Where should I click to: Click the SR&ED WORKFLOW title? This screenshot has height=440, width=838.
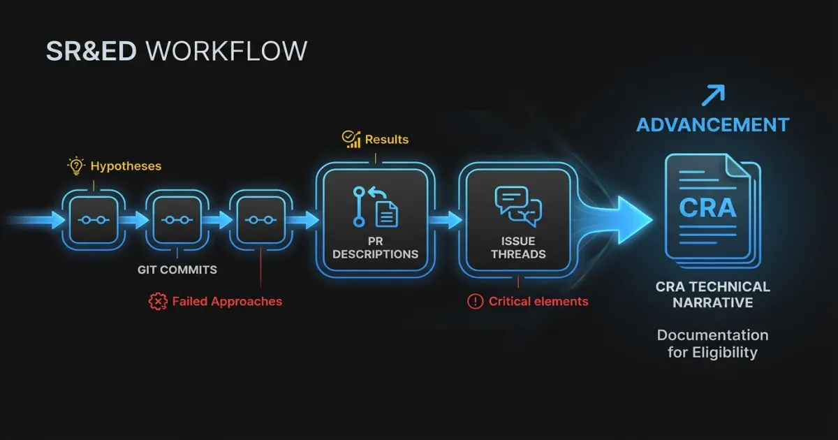click(176, 52)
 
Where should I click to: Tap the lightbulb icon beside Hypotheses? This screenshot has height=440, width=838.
click(75, 166)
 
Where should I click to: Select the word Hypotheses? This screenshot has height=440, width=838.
click(126, 166)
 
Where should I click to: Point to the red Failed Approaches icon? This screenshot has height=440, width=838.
click(158, 302)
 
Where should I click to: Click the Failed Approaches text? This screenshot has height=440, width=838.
click(227, 302)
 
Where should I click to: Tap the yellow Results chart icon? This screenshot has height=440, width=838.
click(351, 140)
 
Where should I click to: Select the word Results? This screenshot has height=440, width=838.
click(386, 140)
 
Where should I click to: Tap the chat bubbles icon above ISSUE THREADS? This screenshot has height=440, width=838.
click(518, 205)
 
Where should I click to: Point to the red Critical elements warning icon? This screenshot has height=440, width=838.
click(475, 302)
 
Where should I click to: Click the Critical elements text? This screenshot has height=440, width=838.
click(538, 302)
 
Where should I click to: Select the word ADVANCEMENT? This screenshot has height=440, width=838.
click(712, 125)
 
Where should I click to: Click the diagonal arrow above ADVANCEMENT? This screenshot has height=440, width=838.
click(712, 94)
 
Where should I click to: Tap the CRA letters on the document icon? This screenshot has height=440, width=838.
click(707, 208)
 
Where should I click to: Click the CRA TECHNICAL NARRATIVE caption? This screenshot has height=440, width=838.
click(712, 295)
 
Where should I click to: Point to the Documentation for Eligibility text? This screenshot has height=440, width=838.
click(712, 344)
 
